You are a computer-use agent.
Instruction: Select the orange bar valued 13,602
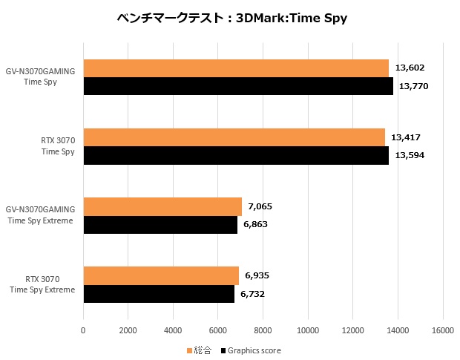pyautogui.click(x=236, y=68)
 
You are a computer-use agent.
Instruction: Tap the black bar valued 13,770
pyautogui.click(x=238, y=86)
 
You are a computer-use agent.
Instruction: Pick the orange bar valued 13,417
pyautogui.click(x=234, y=137)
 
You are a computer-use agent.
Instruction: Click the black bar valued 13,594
pyautogui.click(x=236, y=155)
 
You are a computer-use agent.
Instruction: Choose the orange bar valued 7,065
pyautogui.click(x=162, y=206)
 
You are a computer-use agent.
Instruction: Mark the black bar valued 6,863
pyautogui.click(x=160, y=224)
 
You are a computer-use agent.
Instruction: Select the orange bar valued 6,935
pyautogui.click(x=161, y=275)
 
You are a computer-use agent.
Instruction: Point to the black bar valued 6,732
pyautogui.click(x=159, y=293)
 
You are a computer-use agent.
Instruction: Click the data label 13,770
pyautogui.click(x=414, y=87)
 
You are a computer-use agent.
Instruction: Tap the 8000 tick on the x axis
pyautogui.click(x=263, y=330)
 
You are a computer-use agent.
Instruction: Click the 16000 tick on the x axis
pyautogui.click(x=443, y=330)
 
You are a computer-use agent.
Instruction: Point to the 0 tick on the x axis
pyautogui.click(x=83, y=330)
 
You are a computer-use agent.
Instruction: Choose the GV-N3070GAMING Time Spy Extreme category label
pyautogui.click(x=42, y=215)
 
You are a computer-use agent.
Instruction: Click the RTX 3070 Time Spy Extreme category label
pyautogui.click(x=42, y=284)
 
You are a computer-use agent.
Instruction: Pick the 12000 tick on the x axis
pyautogui.click(x=353, y=330)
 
